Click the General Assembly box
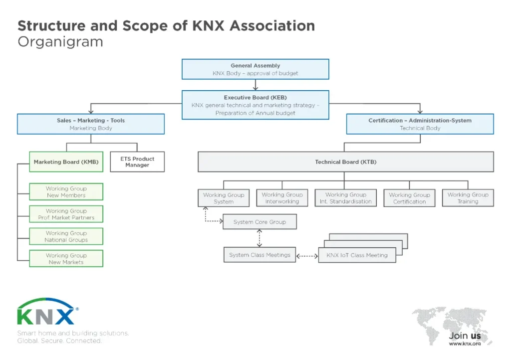(255, 69)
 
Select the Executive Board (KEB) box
(255, 105)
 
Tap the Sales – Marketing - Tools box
(91, 124)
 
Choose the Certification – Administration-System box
(420, 124)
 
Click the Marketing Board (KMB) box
(66, 162)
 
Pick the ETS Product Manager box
(137, 162)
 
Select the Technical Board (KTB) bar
(345, 162)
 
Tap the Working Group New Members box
(66, 192)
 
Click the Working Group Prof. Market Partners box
(66, 214)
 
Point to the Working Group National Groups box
(66, 236)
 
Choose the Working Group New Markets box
(66, 259)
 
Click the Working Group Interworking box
(282, 198)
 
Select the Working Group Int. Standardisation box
(346, 198)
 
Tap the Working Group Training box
(468, 198)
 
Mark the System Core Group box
(259, 222)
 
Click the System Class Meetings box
(259, 255)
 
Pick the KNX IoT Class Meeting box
(357, 255)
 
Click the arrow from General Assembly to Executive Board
(255, 85)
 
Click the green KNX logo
(46, 313)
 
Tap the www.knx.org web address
(465, 344)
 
